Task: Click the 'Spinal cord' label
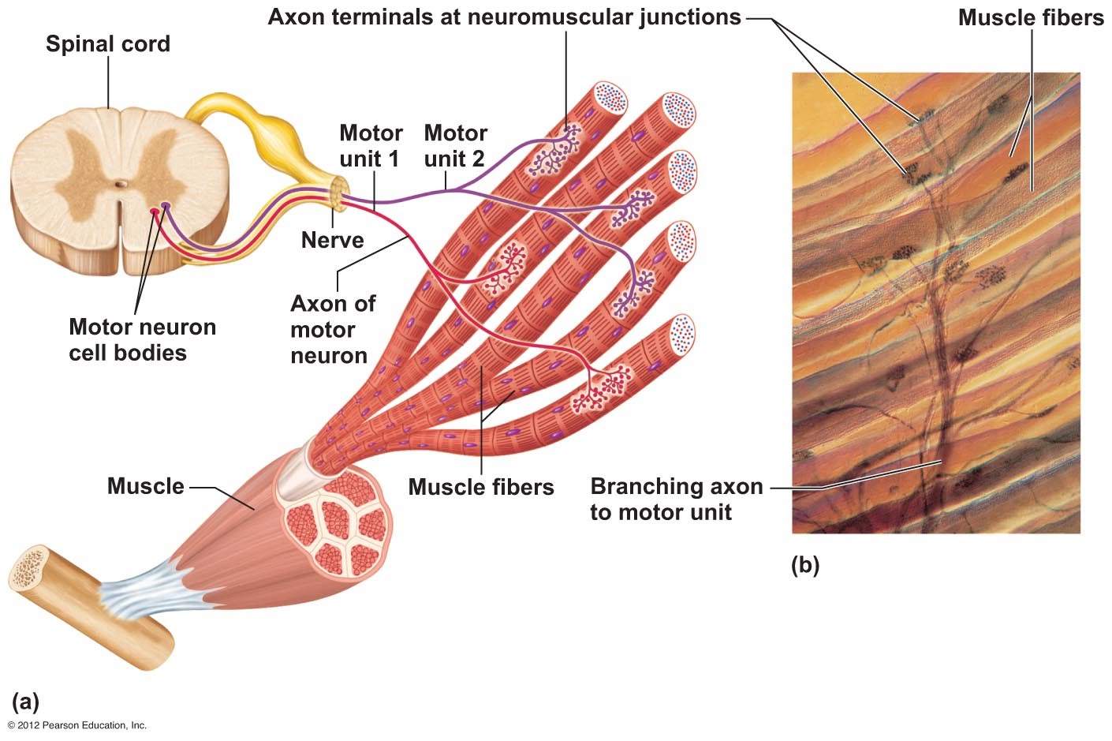(108, 43)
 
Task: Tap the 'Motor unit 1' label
(370, 146)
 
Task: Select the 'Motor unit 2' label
(455, 146)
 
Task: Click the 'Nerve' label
(332, 240)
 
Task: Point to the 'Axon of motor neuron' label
(332, 329)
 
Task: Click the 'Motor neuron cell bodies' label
(142, 339)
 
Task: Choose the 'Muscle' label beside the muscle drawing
(145, 486)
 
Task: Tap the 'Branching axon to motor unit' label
(676, 499)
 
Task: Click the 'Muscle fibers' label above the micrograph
(1030, 17)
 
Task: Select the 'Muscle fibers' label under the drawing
(480, 487)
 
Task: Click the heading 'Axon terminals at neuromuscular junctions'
(504, 17)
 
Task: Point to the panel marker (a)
(25, 702)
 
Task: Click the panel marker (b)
(804, 565)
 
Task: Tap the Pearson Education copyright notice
(77, 725)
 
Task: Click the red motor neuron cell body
(155, 211)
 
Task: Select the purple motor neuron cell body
(165, 207)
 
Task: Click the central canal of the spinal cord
(119, 185)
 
